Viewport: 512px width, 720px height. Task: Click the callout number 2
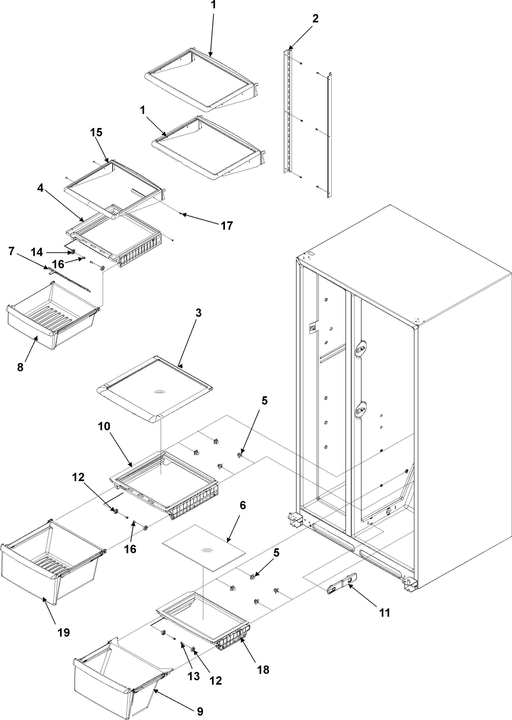pyautogui.click(x=315, y=19)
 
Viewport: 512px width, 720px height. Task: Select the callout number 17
pyautogui.click(x=227, y=226)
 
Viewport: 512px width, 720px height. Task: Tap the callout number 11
pyautogui.click(x=385, y=613)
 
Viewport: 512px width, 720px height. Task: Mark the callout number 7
pyautogui.click(x=12, y=251)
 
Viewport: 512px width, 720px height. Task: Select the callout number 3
pyautogui.click(x=198, y=313)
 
